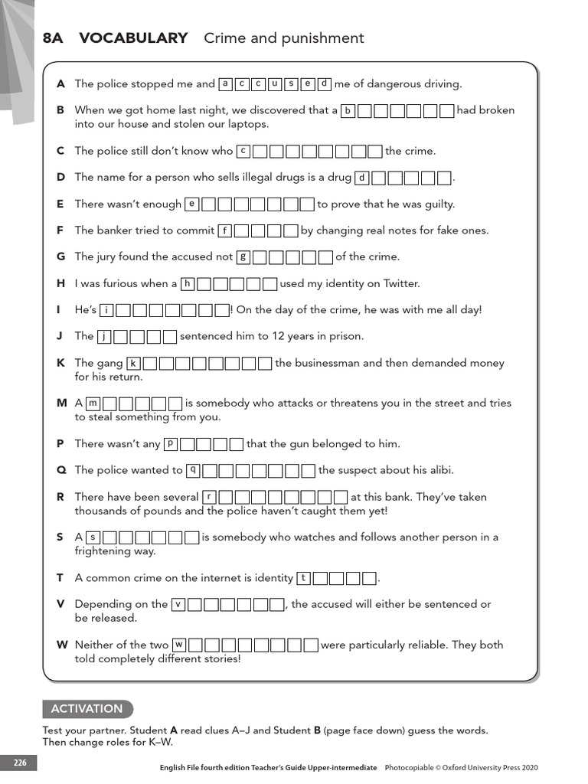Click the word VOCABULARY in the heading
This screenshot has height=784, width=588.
click(133, 38)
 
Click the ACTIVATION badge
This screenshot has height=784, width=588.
click(87, 709)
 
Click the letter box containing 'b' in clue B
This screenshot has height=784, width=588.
click(348, 110)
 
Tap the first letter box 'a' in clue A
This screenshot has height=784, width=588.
click(226, 84)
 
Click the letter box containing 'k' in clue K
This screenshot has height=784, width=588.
click(134, 363)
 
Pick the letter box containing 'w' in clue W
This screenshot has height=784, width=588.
click(179, 645)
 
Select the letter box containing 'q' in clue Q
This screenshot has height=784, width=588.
click(194, 470)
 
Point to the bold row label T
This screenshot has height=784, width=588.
click(60, 578)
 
